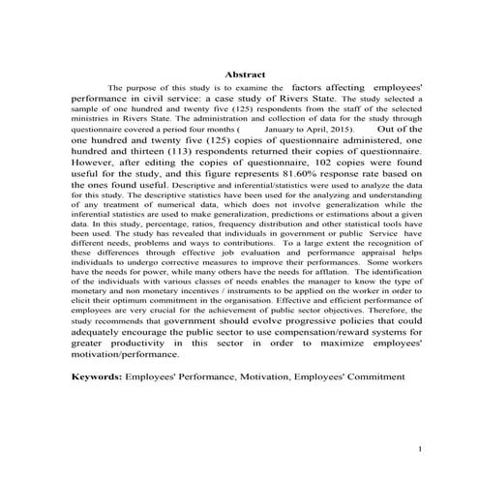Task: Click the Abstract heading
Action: point(245,74)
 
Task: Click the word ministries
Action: point(89,119)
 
